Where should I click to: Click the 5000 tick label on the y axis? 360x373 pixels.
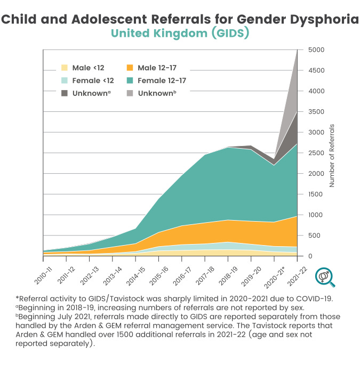click(316, 50)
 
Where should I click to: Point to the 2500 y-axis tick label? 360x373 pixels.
click(316, 153)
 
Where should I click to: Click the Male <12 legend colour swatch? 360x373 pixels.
click(65, 68)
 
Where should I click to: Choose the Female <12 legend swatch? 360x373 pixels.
click(65, 80)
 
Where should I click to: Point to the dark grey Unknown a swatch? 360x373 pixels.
click(65, 93)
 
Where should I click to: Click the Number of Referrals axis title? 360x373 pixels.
click(331, 155)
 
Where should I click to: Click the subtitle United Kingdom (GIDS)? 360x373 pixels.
click(180, 34)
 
